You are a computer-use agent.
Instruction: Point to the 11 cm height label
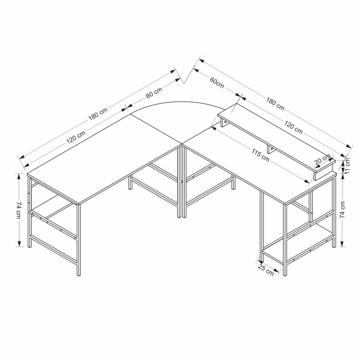(347, 166)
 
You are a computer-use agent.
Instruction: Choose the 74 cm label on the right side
(342, 209)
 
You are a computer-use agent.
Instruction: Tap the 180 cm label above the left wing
(98, 114)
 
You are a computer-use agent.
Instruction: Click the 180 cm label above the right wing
(275, 104)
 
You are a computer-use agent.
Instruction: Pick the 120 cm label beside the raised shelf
(293, 127)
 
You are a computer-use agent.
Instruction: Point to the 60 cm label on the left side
(154, 93)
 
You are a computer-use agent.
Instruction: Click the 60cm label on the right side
(217, 83)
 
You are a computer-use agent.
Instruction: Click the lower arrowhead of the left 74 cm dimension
(19, 244)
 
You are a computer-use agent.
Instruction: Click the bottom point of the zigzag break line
(184, 83)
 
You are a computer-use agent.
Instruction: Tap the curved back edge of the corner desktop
(178, 102)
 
